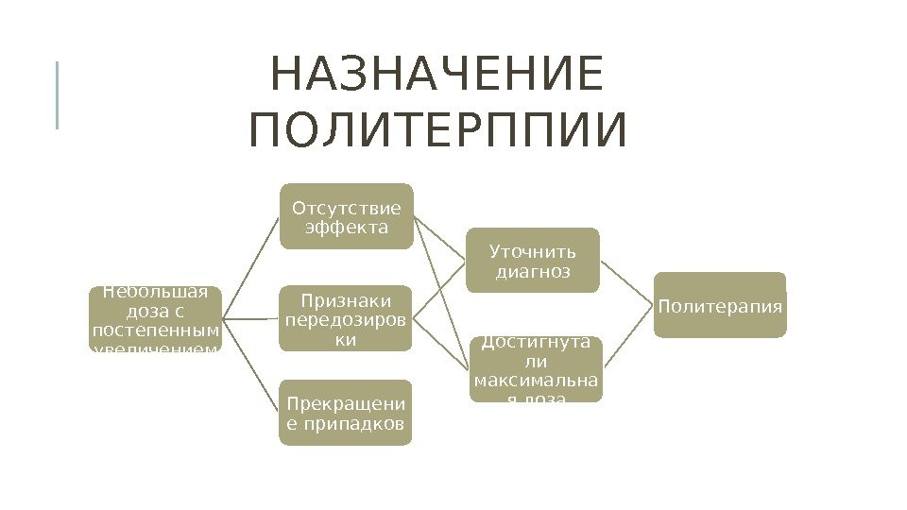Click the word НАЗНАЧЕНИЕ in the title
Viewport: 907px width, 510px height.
436,76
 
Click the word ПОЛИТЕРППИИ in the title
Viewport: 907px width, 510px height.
437,132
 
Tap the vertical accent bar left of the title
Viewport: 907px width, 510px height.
57,94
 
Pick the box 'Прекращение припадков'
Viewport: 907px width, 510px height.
346,412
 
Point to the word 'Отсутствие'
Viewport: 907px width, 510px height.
346,208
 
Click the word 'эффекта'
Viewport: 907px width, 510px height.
346,228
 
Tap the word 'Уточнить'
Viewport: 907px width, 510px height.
532,252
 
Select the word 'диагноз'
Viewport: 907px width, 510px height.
533,272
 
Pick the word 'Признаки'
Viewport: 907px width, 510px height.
346,300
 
